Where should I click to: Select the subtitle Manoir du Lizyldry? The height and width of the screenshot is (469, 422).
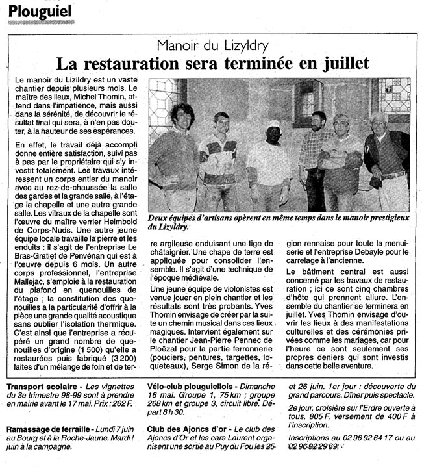click(x=212, y=46)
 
